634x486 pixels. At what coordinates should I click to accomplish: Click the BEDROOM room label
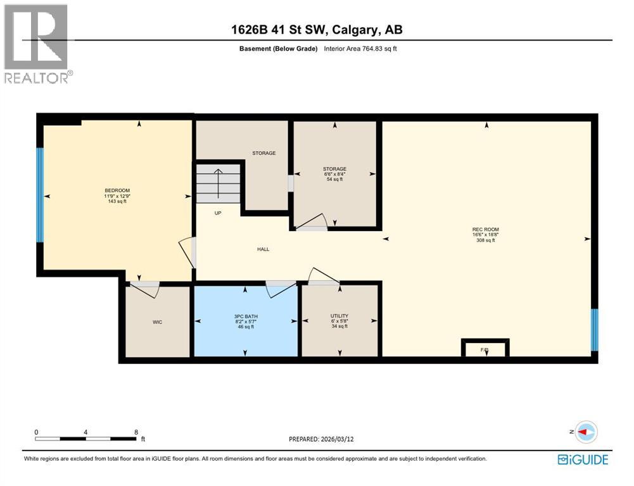click(x=117, y=190)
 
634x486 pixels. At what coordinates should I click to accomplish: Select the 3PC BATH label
click(x=246, y=316)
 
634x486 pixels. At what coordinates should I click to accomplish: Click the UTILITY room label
click(x=339, y=316)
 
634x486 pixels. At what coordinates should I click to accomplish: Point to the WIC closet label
click(x=158, y=322)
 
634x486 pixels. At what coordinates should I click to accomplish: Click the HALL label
click(x=263, y=249)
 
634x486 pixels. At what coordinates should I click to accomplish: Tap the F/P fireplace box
click(x=485, y=349)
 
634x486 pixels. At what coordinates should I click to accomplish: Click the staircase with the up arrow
click(x=218, y=184)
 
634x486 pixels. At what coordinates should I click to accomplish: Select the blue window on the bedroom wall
click(x=40, y=195)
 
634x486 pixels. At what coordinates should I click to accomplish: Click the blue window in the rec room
click(x=594, y=329)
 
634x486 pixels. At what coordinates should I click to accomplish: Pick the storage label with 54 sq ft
click(x=334, y=169)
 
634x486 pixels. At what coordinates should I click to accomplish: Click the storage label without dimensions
click(x=263, y=153)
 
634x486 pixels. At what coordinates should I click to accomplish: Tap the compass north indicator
click(x=586, y=432)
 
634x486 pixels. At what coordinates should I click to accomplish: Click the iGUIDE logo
click(x=583, y=459)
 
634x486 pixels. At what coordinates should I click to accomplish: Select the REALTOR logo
click(x=37, y=43)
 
